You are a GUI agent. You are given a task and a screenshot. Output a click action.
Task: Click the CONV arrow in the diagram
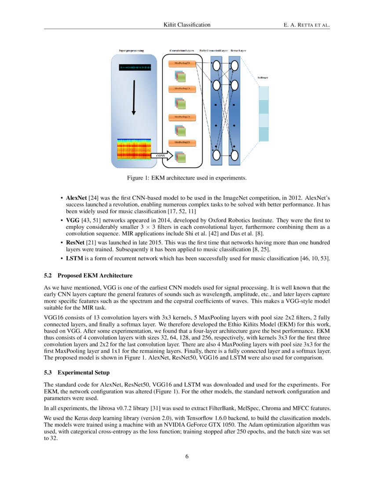coord(162,155)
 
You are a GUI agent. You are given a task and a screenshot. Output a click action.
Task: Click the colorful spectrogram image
coord(134,149)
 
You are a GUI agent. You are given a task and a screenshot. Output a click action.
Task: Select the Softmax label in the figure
coord(263,77)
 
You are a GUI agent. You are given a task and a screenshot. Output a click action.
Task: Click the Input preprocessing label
coord(131,51)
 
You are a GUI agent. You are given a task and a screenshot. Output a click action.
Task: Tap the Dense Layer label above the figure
coord(238,51)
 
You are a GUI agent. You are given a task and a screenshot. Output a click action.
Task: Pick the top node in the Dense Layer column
coord(234,66)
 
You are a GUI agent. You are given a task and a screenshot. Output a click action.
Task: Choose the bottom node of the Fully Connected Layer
coord(216,155)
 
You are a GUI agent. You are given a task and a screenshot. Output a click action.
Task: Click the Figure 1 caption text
coord(187,178)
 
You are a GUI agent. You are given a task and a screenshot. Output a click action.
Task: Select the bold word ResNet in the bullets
coord(76,242)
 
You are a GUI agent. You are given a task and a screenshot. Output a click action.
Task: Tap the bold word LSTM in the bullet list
coord(74,258)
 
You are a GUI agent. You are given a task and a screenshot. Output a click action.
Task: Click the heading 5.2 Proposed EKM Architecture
coord(88,275)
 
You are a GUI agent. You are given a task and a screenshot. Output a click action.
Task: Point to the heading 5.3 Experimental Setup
coord(81,372)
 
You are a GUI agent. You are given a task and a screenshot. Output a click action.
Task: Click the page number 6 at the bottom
coord(187,456)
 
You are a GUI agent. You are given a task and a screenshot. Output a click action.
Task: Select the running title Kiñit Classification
coord(187,25)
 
